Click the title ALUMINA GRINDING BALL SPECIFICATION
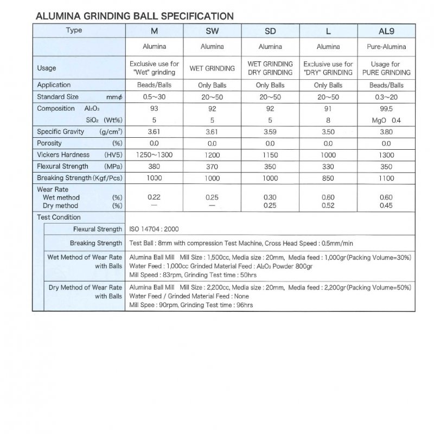pyautogui.click(x=134, y=16)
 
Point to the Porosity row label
pyautogui.click(x=49, y=143)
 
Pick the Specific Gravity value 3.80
pyautogui.click(x=386, y=131)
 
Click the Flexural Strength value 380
pyautogui.click(x=154, y=166)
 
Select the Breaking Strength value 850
pyautogui.click(x=328, y=178)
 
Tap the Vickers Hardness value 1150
pyautogui.click(x=270, y=155)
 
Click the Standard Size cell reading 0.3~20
pyautogui.click(x=386, y=97)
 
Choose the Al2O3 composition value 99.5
pyautogui.click(x=386, y=108)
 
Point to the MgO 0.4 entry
pyautogui.click(x=386, y=120)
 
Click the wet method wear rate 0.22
pyautogui.click(x=154, y=197)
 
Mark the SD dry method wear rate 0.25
pyautogui.click(x=270, y=206)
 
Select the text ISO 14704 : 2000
pyautogui.click(x=157, y=229)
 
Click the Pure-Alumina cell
pyautogui.click(x=386, y=47)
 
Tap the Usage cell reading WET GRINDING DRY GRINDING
pyautogui.click(x=270, y=68)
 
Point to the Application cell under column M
pyautogui.click(x=154, y=85)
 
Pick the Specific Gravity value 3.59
pyautogui.click(x=270, y=131)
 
